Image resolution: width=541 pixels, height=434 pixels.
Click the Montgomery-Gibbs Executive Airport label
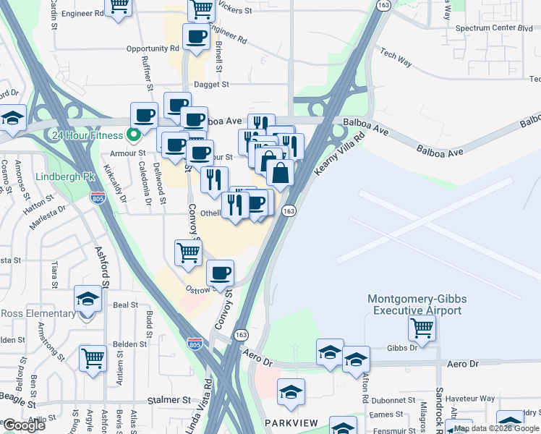click(414, 305)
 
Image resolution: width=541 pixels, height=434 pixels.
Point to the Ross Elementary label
click(38, 313)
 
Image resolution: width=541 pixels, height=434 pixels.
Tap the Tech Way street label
click(396, 59)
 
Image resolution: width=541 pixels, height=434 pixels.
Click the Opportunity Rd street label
click(152, 48)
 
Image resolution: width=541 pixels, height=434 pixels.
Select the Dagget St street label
click(210, 84)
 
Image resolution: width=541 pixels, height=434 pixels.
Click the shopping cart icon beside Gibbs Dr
click(422, 328)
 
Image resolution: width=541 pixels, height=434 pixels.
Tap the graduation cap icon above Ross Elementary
click(88, 298)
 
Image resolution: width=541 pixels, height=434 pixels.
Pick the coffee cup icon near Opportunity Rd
click(195, 36)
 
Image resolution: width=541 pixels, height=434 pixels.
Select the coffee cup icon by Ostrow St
click(220, 273)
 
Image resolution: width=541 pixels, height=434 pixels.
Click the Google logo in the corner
click(24, 425)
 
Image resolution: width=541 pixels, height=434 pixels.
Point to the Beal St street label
click(125, 305)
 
